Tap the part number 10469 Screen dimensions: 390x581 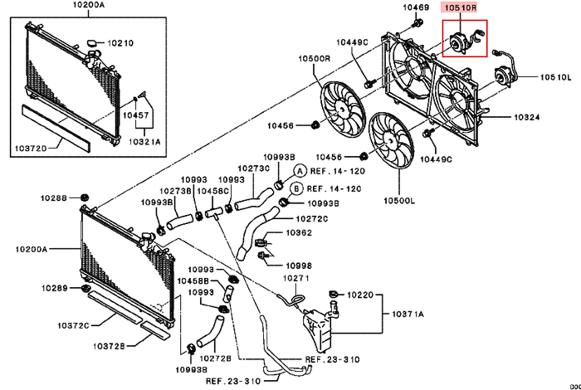coord(416,7)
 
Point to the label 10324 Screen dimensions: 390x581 coord(527,118)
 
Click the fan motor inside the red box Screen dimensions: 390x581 coord(458,41)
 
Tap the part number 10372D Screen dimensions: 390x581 coord(30,149)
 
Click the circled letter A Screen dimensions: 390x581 coord(300,169)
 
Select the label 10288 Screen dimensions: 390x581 coord(56,198)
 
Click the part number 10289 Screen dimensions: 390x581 coord(56,288)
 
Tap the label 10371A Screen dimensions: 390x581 coord(407,314)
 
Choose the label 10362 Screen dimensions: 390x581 coord(299,234)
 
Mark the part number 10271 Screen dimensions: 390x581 coord(297,279)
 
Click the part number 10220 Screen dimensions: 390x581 coord(361,295)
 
